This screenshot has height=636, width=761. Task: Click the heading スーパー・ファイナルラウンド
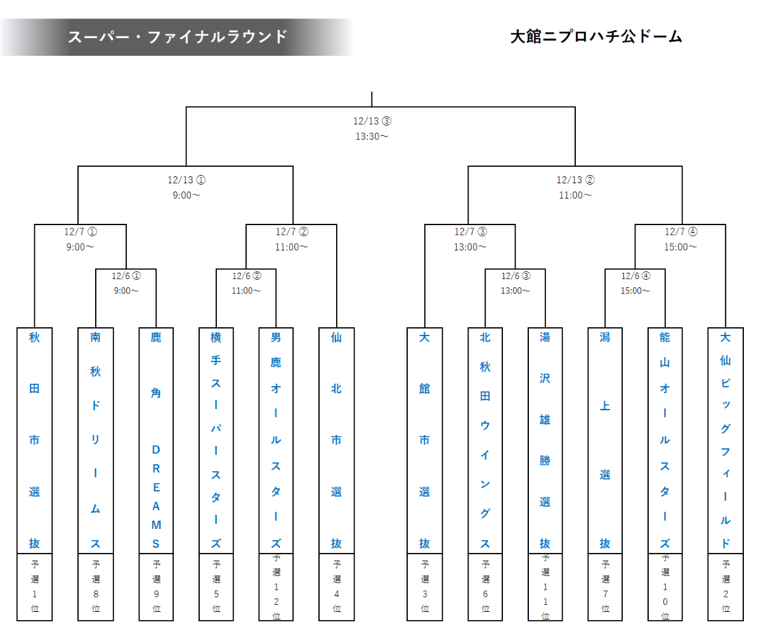coord(178,37)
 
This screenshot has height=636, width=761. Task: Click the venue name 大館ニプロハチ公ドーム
coord(596,37)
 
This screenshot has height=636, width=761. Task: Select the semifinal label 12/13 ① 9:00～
coord(186,187)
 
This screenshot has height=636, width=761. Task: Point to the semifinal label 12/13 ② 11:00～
coord(575,187)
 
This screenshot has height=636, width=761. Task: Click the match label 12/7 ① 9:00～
coord(81,239)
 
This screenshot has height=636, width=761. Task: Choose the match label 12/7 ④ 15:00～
coord(680,239)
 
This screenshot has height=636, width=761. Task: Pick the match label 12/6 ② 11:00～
coord(246,283)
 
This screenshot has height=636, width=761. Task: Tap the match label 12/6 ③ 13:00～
coord(515,283)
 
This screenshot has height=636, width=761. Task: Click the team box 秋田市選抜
coord(34,440)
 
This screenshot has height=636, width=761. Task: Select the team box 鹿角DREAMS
coord(156,440)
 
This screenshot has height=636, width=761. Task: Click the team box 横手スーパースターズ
coord(216,440)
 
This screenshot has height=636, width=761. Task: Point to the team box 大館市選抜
coord(424,440)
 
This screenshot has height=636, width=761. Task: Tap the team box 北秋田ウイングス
coord(485,440)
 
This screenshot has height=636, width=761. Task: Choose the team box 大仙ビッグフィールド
coord(725,440)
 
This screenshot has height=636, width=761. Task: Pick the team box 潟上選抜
coord(605,440)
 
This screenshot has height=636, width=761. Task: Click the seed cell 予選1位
coord(34,586)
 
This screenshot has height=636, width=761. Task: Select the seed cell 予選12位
coord(276,586)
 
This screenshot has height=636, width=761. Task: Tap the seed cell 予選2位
coord(725,586)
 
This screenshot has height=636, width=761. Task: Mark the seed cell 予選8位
coord(95,586)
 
